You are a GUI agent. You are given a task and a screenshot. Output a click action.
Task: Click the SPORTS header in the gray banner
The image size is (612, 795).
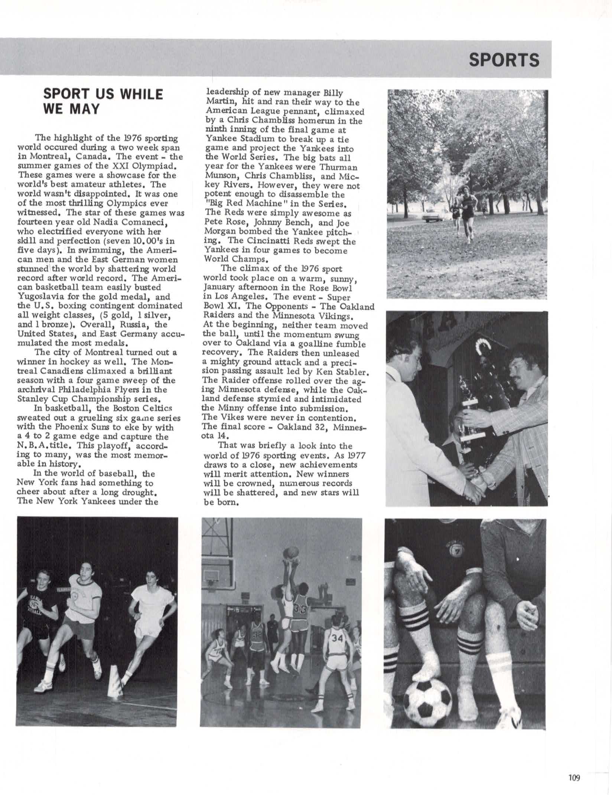pyautogui.click(x=504, y=60)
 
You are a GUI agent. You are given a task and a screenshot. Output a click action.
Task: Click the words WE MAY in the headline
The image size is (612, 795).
pyautogui.click(x=71, y=109)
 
